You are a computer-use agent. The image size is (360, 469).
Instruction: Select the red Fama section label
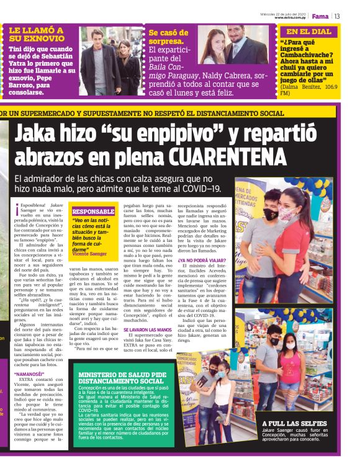[320, 16]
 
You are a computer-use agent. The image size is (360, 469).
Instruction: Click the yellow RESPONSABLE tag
[94, 212]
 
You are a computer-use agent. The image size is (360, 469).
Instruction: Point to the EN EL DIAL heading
[308, 31]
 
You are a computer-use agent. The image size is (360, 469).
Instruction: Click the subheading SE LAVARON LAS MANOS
[146, 329]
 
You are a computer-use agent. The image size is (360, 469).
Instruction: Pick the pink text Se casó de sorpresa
[168, 37]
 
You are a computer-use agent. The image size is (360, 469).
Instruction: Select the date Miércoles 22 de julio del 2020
[283, 13]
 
